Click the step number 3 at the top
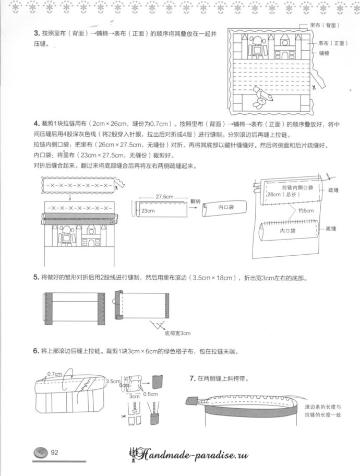(37, 34)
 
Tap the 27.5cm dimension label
(163, 196)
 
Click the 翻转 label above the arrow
(195, 200)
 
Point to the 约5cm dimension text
(306, 210)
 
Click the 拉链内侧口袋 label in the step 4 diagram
(296, 187)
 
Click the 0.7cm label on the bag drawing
(54, 374)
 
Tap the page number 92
(54, 453)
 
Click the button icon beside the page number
(40, 453)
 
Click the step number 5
(37, 279)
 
